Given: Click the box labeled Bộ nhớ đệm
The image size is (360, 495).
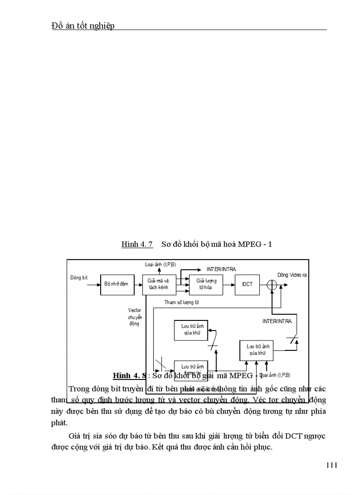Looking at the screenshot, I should pos(116,284).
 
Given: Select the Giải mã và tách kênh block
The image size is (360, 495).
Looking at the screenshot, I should pos(158,284).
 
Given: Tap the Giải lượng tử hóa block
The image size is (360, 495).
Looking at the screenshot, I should pos(206,284).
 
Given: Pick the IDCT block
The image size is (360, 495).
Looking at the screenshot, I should pos(247,284).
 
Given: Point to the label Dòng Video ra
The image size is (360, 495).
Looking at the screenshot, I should pos(292,275).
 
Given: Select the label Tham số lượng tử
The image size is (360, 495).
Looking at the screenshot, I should pos(182,302).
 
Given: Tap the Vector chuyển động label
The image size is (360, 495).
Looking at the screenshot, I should pos(135,317).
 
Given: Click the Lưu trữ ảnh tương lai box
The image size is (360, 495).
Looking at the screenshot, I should pos(193,368).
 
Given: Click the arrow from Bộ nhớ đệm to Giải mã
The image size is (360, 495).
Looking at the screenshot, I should pos(137,284).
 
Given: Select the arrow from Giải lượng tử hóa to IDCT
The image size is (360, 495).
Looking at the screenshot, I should pos(229,284).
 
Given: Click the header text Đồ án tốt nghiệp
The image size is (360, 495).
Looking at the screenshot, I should pos(83,26).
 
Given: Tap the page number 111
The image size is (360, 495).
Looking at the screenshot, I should pos(332,465).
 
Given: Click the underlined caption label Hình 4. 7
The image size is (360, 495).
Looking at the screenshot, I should pos(137,244).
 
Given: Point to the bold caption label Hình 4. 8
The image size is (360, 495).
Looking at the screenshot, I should pos(129,376).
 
